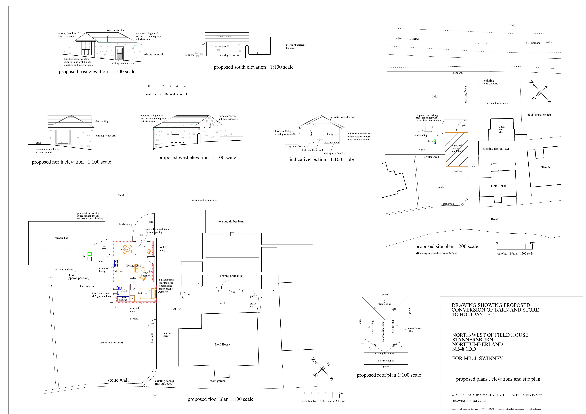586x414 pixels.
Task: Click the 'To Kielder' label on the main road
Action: click(x=414, y=39)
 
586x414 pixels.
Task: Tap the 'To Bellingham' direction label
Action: click(x=532, y=43)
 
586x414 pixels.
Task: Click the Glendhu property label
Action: click(x=546, y=167)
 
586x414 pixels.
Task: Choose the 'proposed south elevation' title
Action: click(x=240, y=67)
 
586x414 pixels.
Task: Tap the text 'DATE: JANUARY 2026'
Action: click(x=527, y=395)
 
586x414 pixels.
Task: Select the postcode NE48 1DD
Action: click(x=464, y=349)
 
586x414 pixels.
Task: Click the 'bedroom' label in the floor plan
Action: click(x=143, y=294)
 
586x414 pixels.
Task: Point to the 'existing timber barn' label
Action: click(x=231, y=222)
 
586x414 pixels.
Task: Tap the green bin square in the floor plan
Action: click(x=90, y=254)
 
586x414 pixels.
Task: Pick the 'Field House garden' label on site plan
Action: click(x=539, y=115)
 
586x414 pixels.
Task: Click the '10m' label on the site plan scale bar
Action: click(x=532, y=243)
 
